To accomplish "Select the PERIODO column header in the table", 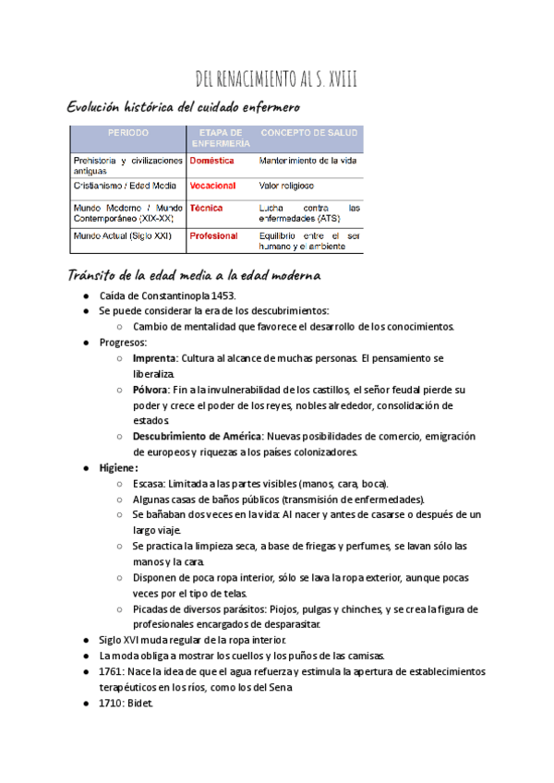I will (x=127, y=133).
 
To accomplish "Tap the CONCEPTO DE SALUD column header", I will (x=308, y=133).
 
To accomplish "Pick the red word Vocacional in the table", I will (x=212, y=186).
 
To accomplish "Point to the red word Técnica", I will (x=206, y=208).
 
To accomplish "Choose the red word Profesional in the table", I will (x=213, y=235).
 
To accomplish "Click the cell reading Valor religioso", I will (x=286, y=186).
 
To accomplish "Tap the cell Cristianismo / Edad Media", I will (x=125, y=186).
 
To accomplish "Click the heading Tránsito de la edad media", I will (x=194, y=275).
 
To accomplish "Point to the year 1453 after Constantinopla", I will (x=222, y=295).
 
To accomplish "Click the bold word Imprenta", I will (x=154, y=358).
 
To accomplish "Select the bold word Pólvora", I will (x=151, y=390).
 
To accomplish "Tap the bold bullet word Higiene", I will (x=116, y=468).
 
